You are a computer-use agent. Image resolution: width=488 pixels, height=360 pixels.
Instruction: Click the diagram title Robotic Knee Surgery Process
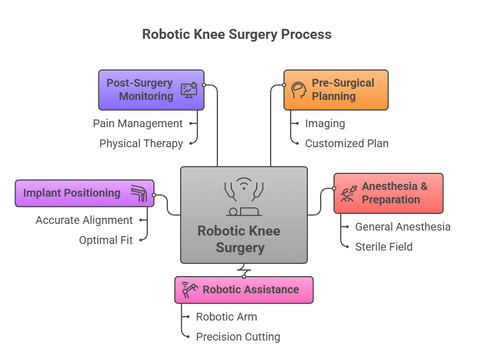237,34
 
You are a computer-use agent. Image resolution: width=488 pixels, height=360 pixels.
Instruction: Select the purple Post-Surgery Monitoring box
151,89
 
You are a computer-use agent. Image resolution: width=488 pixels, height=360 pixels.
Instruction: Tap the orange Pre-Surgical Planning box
336,89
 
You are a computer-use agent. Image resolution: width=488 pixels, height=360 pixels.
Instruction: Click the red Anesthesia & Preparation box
388,193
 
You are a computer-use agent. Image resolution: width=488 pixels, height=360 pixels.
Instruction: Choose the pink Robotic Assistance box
243,290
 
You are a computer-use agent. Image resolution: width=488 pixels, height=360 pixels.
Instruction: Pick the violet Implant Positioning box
84,193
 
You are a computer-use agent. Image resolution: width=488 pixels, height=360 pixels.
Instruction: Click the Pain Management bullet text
137,123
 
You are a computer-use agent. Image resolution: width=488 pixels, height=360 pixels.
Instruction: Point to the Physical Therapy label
141,143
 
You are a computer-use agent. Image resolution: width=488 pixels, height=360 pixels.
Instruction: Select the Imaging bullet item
325,123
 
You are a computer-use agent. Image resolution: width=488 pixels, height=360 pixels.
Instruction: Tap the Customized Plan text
346,143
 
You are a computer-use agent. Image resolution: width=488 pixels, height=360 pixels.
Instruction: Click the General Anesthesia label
402,227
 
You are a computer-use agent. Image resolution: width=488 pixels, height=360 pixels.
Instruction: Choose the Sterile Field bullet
384,247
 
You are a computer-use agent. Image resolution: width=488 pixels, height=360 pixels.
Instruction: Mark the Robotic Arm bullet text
226,317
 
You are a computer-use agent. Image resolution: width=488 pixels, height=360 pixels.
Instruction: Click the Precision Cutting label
238,337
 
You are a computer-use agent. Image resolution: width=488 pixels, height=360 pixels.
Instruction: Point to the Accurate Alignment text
84,220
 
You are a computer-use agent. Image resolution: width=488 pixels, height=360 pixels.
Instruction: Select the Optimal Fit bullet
106,240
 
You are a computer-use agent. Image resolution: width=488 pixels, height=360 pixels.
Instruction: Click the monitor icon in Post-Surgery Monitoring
189,90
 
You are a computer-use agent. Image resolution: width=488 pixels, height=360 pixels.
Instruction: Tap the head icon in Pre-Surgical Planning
298,90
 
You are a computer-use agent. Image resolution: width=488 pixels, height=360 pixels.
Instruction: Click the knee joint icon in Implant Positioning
139,193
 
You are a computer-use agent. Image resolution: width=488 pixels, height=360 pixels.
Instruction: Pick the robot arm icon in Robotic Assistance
189,290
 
